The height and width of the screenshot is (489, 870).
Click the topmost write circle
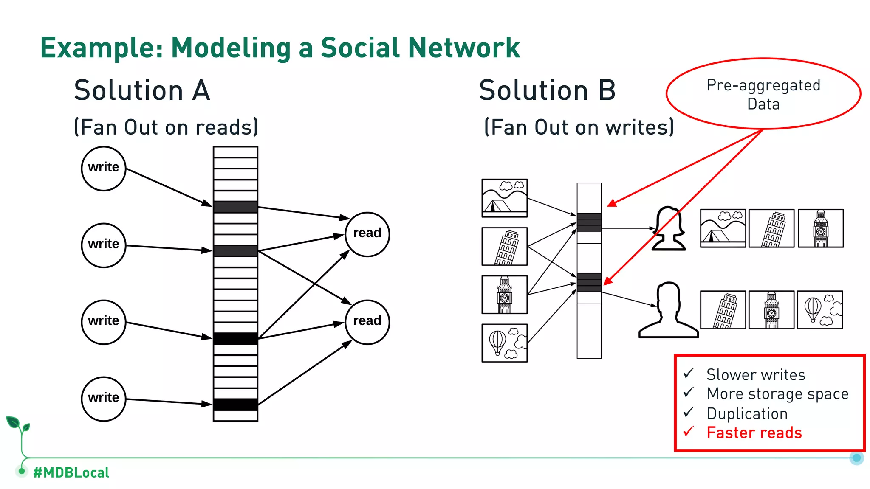(x=104, y=169)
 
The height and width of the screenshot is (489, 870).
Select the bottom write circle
(x=104, y=399)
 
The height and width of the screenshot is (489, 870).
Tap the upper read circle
(x=367, y=234)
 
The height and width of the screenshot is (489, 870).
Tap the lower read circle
(x=367, y=322)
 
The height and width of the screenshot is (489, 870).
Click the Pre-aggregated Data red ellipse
(x=763, y=94)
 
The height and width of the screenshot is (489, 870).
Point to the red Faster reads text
(x=754, y=433)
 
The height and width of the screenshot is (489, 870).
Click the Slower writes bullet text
(x=756, y=375)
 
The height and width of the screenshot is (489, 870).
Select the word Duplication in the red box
(x=747, y=413)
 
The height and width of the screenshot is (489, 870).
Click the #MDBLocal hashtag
(x=71, y=472)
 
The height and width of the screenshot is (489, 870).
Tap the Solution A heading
(x=142, y=90)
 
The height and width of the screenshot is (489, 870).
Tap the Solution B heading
(x=547, y=90)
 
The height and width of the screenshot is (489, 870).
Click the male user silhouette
(x=668, y=310)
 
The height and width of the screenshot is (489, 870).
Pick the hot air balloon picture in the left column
(x=504, y=343)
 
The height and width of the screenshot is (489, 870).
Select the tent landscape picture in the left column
(x=504, y=198)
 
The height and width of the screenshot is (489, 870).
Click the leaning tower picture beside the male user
(x=723, y=310)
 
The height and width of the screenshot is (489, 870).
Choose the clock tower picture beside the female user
(x=820, y=228)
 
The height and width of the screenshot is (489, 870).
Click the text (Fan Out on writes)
(x=579, y=127)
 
